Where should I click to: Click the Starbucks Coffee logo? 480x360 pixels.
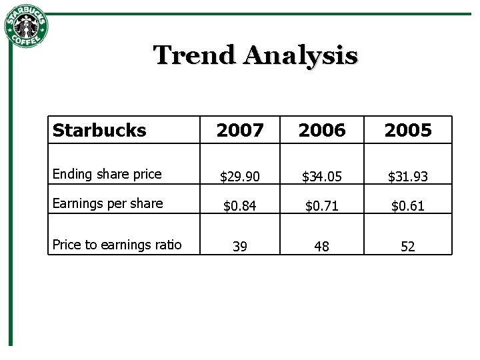pyautogui.click(x=26, y=27)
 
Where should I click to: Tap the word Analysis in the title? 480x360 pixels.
pyautogui.click(x=301, y=55)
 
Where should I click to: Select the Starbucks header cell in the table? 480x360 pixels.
pyautogui.click(x=99, y=130)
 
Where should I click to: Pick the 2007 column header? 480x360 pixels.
pyautogui.click(x=240, y=131)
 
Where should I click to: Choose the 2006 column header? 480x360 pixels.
pyautogui.click(x=322, y=131)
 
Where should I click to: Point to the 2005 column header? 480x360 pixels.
pyautogui.click(x=408, y=131)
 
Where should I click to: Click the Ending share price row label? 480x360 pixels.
pyautogui.click(x=107, y=174)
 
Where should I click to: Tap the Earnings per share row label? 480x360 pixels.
pyautogui.click(x=107, y=203)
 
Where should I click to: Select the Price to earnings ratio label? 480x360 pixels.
pyautogui.click(x=117, y=245)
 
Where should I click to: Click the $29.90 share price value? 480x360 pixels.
pyautogui.click(x=240, y=177)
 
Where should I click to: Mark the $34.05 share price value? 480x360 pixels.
pyautogui.click(x=322, y=177)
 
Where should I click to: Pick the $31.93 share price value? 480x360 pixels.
pyautogui.click(x=408, y=177)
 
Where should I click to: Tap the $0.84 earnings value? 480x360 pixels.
pyautogui.click(x=240, y=206)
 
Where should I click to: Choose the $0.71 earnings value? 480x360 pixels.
pyautogui.click(x=322, y=206)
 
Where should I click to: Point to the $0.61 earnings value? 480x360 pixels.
pyautogui.click(x=408, y=206)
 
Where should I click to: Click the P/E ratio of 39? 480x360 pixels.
pyautogui.click(x=240, y=247)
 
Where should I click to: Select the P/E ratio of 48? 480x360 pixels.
pyautogui.click(x=322, y=247)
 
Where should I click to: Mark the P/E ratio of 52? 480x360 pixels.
pyautogui.click(x=408, y=247)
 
